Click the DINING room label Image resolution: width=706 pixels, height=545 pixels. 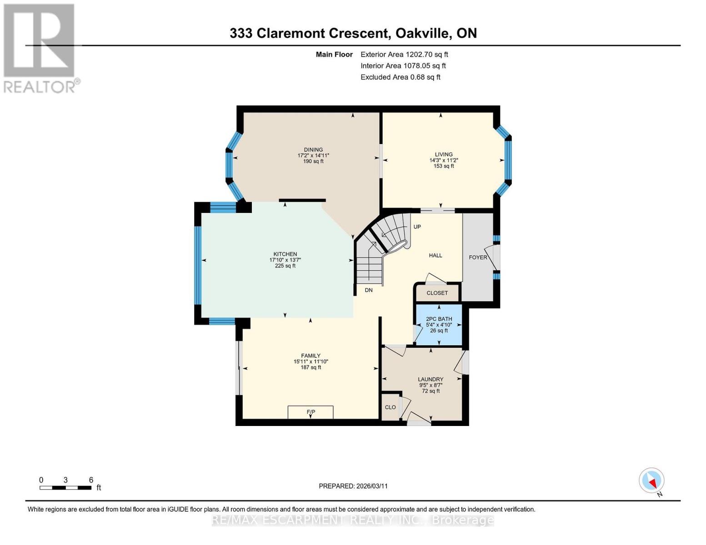[313, 150]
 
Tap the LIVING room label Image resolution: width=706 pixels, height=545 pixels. [443, 154]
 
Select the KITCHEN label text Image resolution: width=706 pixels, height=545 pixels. [285, 254]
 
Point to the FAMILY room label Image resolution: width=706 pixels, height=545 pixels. [310, 356]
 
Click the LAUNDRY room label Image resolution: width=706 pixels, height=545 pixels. [431, 379]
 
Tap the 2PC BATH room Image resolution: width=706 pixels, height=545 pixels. [439, 325]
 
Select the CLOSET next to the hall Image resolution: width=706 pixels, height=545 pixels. [437, 293]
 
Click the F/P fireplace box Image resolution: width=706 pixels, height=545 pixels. [310, 412]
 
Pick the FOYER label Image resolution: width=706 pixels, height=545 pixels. [478, 258]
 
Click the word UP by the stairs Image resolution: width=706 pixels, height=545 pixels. [417, 227]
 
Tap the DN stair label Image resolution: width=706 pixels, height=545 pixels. [369, 290]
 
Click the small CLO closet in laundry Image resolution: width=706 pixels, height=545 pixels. [390, 407]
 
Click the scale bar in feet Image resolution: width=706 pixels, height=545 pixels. [65, 488]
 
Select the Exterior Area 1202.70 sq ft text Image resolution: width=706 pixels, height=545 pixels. [404, 54]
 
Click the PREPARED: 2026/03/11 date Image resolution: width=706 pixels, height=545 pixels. [353, 486]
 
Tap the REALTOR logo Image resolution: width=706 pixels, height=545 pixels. [40, 48]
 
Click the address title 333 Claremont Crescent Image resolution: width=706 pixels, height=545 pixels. [353, 33]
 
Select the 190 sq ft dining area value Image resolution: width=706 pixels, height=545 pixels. [313, 161]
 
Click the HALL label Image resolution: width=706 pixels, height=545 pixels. [436, 255]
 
